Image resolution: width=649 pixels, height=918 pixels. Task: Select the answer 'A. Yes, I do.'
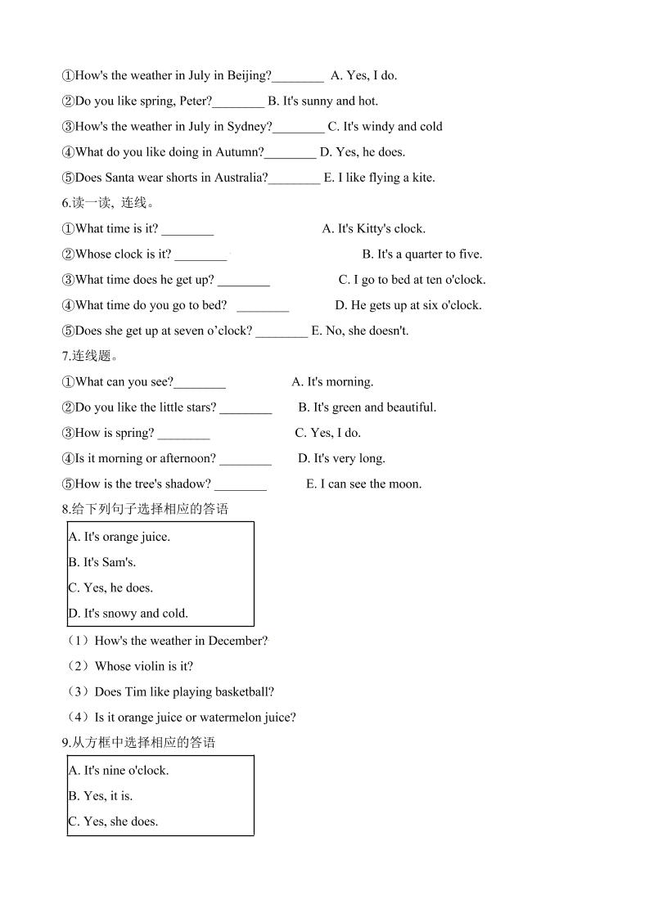(363, 76)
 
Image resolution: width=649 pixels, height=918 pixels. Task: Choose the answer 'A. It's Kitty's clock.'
(374, 229)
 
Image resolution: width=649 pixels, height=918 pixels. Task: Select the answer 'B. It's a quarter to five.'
(422, 254)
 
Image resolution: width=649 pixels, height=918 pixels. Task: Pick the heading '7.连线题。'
(91, 356)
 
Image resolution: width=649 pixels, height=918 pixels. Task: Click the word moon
(405, 484)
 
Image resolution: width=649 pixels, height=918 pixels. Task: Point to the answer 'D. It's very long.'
(341, 459)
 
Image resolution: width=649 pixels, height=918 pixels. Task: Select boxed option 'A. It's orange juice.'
(119, 538)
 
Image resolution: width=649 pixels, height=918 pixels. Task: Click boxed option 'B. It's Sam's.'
(102, 563)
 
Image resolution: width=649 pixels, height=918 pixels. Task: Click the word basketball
(243, 692)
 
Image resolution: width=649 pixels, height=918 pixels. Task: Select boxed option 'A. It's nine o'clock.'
(119, 771)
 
